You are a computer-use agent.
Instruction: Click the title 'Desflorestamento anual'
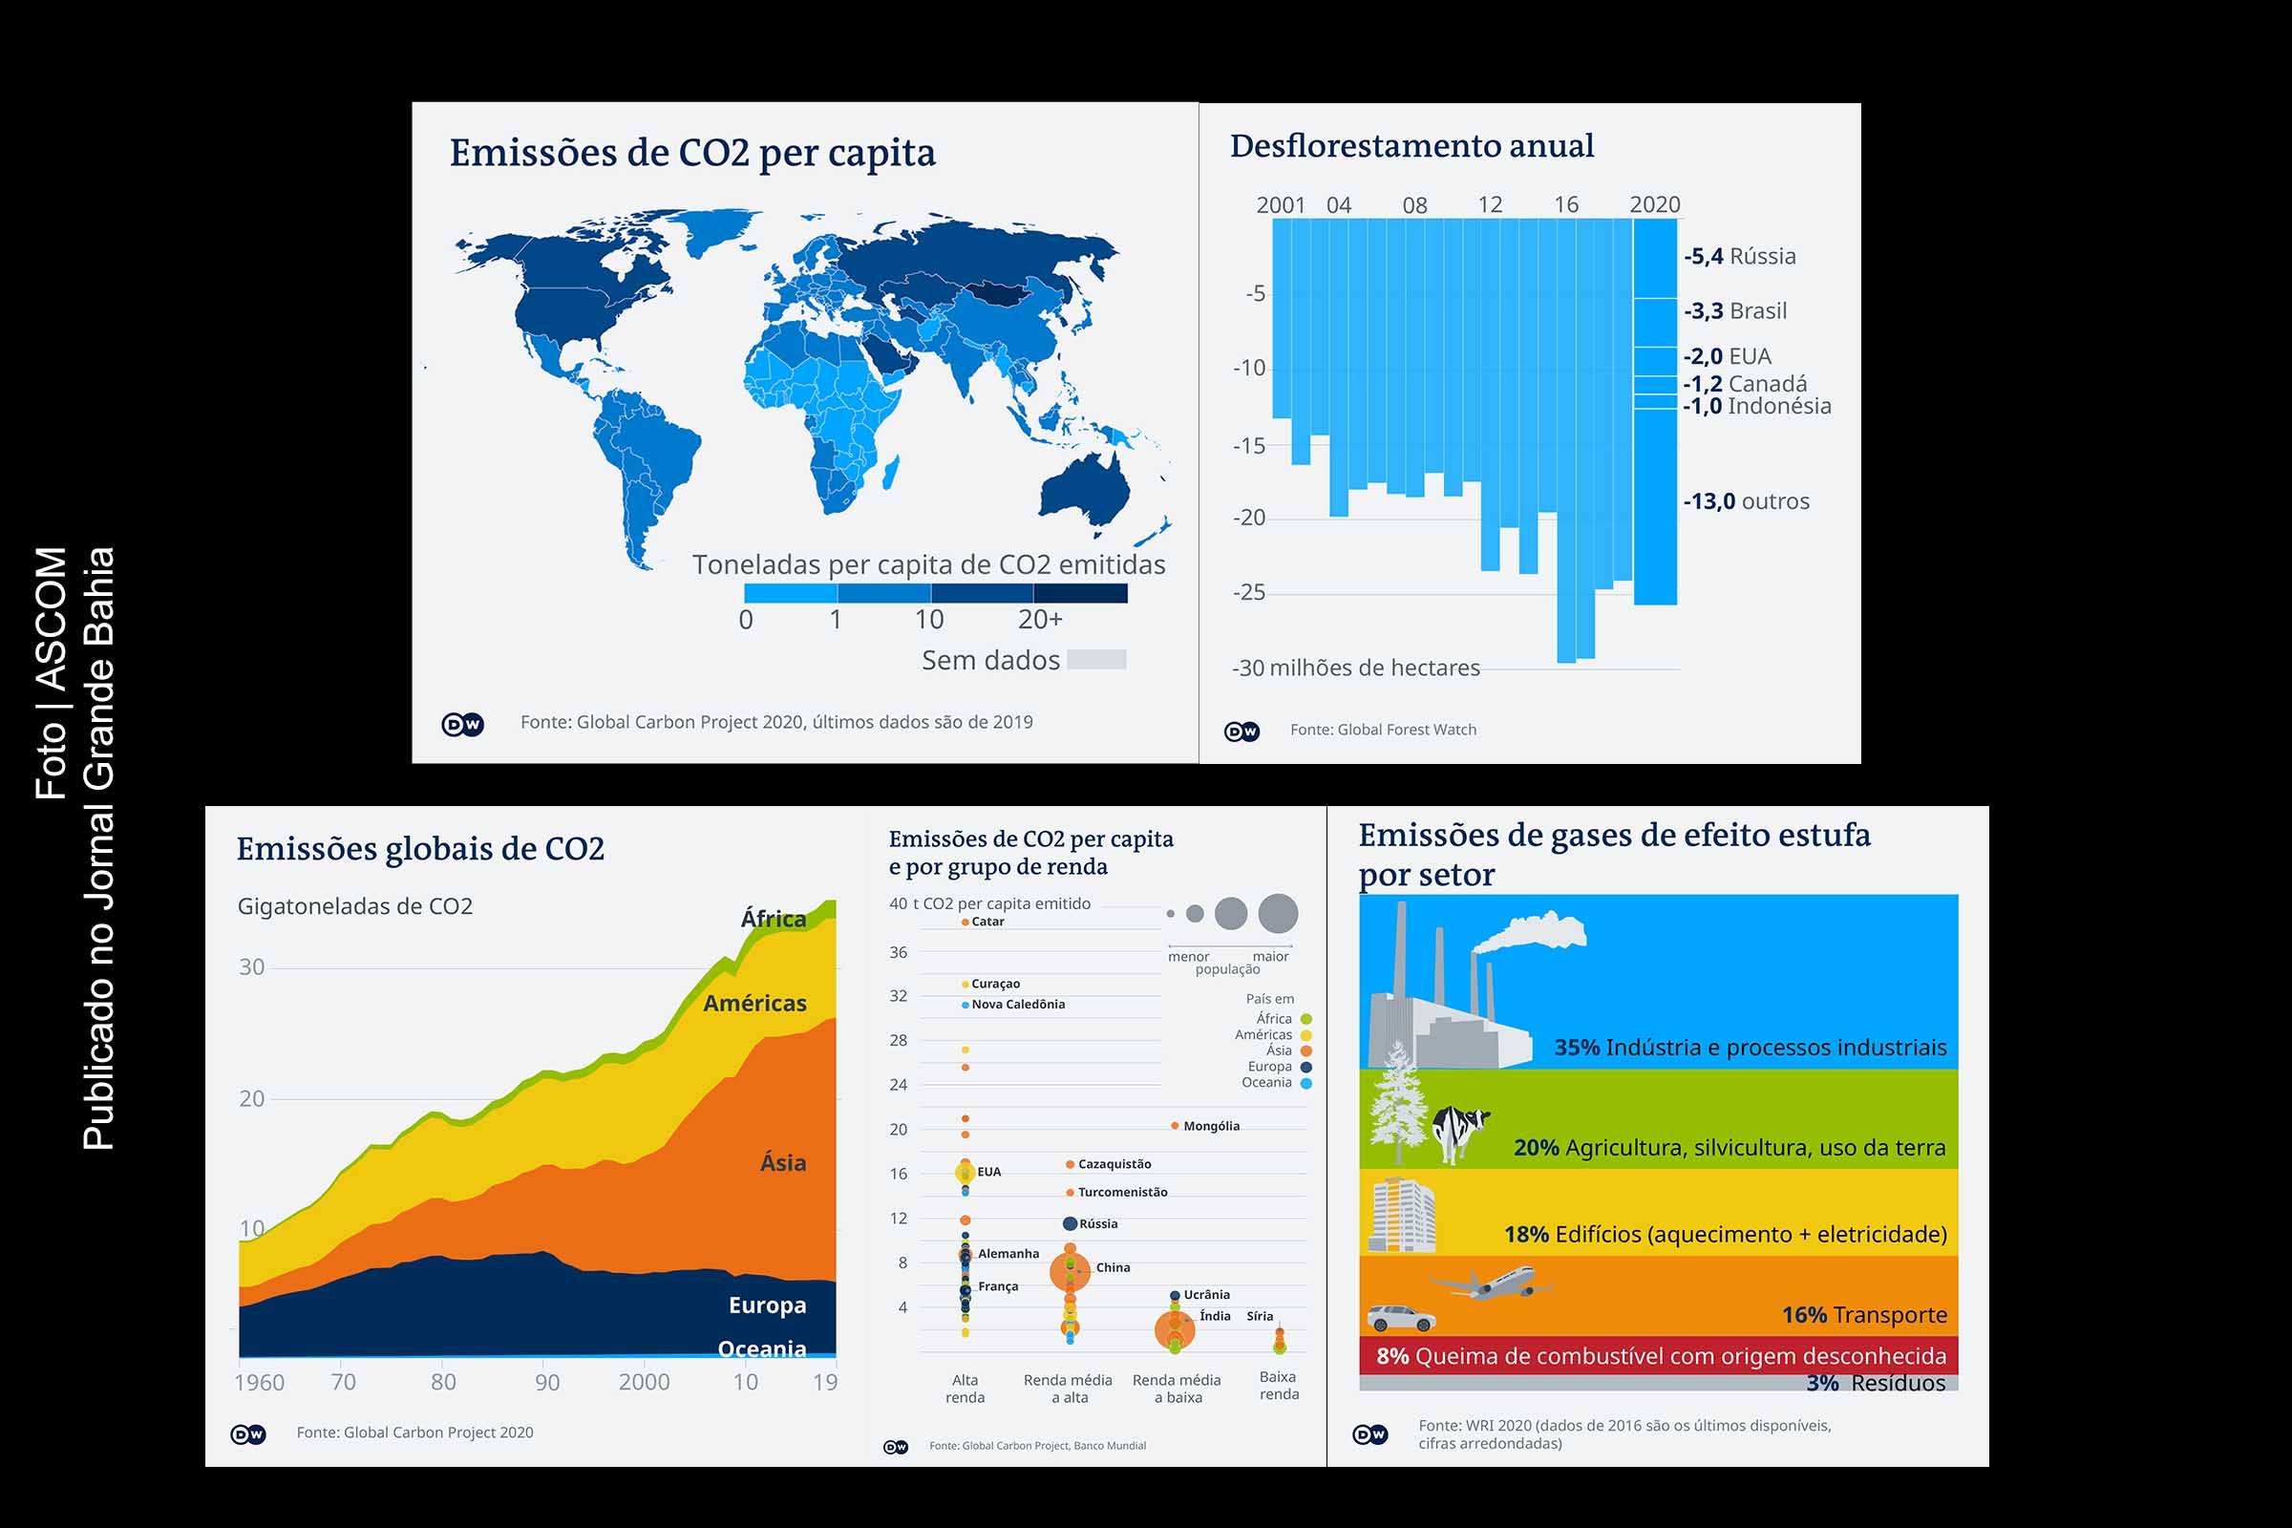point(1411,146)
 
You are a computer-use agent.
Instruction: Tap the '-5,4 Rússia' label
point(1739,256)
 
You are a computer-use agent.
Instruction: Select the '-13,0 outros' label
point(1746,502)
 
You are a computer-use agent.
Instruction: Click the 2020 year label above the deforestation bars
point(1654,204)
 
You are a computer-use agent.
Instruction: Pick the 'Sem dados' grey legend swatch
point(1096,660)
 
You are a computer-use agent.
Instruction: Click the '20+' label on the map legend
point(1040,620)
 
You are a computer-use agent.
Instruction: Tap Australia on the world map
point(1085,487)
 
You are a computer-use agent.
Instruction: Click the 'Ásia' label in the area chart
point(782,1162)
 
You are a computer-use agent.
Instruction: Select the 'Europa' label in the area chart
point(767,1305)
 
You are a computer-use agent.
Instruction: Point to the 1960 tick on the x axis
point(259,1382)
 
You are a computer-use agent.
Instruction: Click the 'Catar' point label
point(987,922)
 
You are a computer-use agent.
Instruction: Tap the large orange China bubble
point(1070,1271)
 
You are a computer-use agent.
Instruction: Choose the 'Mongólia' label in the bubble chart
point(1210,1127)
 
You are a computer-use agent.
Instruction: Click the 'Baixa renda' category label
point(1279,1385)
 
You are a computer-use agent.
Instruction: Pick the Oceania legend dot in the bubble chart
point(1305,1084)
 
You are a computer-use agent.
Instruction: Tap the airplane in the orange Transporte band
point(1493,1284)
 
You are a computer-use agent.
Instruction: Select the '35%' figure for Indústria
point(1576,1048)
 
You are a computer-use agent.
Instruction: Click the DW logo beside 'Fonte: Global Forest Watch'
point(1241,731)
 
